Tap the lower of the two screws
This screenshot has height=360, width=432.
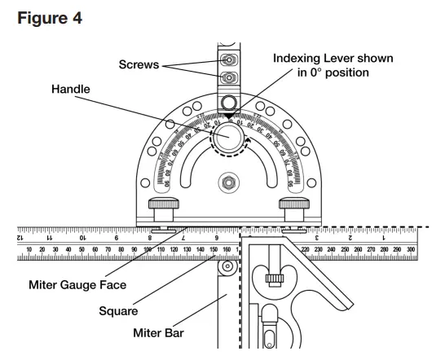click(230, 77)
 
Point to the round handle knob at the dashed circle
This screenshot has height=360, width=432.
click(230, 134)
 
